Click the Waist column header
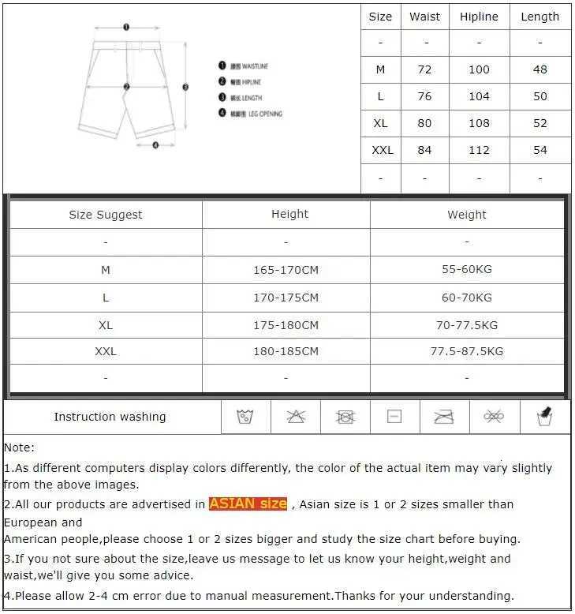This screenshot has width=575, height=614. (424, 17)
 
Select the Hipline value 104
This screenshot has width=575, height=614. (479, 96)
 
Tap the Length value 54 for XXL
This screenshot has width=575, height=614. (540, 150)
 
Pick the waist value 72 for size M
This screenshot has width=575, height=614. (424, 69)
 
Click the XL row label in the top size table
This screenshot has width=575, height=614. (380, 123)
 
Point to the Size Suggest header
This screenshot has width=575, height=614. (106, 215)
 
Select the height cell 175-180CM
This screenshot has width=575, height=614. (286, 324)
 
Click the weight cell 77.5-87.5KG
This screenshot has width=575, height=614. (466, 351)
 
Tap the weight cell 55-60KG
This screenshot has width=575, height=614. (466, 270)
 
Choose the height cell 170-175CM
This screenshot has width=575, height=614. (286, 298)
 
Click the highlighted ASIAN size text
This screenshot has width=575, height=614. (248, 504)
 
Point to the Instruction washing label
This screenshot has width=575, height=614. (110, 417)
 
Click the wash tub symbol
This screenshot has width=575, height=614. (245, 417)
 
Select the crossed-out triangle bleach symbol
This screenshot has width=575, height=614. (296, 417)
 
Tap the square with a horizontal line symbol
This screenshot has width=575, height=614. (394, 417)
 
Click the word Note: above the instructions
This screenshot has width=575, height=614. (20, 447)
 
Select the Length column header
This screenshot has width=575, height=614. (540, 17)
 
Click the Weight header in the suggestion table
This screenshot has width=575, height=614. (466, 215)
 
